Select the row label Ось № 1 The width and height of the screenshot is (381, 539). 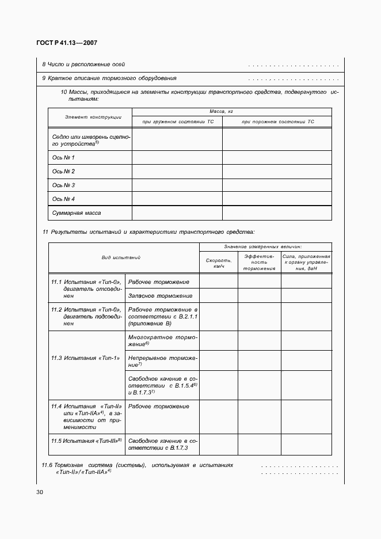pos(64,157)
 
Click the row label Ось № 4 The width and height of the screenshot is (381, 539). pos(64,199)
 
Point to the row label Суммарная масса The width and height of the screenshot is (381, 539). pos(77,213)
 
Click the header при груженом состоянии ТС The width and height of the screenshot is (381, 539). pos(177,122)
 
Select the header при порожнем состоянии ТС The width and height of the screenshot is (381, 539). pos(277,122)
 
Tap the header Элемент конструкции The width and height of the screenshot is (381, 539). pos(93,117)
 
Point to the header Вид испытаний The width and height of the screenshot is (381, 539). pos(124,257)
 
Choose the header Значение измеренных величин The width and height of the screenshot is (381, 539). pos(265,246)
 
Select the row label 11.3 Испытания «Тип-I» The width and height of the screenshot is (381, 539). pos(85,358)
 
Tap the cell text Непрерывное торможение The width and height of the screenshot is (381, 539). pos(162,361)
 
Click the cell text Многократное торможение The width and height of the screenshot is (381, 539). pos(162,340)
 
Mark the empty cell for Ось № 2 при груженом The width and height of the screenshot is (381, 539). pos(177,171)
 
